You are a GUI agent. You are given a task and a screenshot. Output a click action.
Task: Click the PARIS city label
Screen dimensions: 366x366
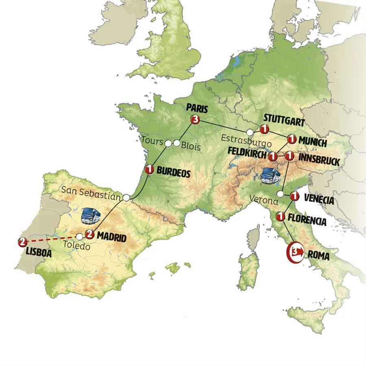(x=197, y=109)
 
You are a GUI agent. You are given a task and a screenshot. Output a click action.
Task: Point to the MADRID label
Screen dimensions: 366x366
(x=111, y=238)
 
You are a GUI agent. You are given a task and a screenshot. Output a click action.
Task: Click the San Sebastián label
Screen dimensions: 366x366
(x=92, y=190)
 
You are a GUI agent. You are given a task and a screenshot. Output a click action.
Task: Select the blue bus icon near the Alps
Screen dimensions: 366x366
(x=269, y=174)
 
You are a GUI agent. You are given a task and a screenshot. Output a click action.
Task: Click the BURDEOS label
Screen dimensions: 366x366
(x=174, y=173)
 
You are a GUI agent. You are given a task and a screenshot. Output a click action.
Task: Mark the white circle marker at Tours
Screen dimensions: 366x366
(x=168, y=143)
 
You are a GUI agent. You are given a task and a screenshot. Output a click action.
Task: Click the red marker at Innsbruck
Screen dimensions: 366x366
(x=289, y=156)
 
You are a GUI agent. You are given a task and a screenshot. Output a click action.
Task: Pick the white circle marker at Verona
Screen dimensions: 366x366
(x=281, y=194)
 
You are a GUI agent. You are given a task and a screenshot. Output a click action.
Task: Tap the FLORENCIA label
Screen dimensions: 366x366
(x=307, y=222)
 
